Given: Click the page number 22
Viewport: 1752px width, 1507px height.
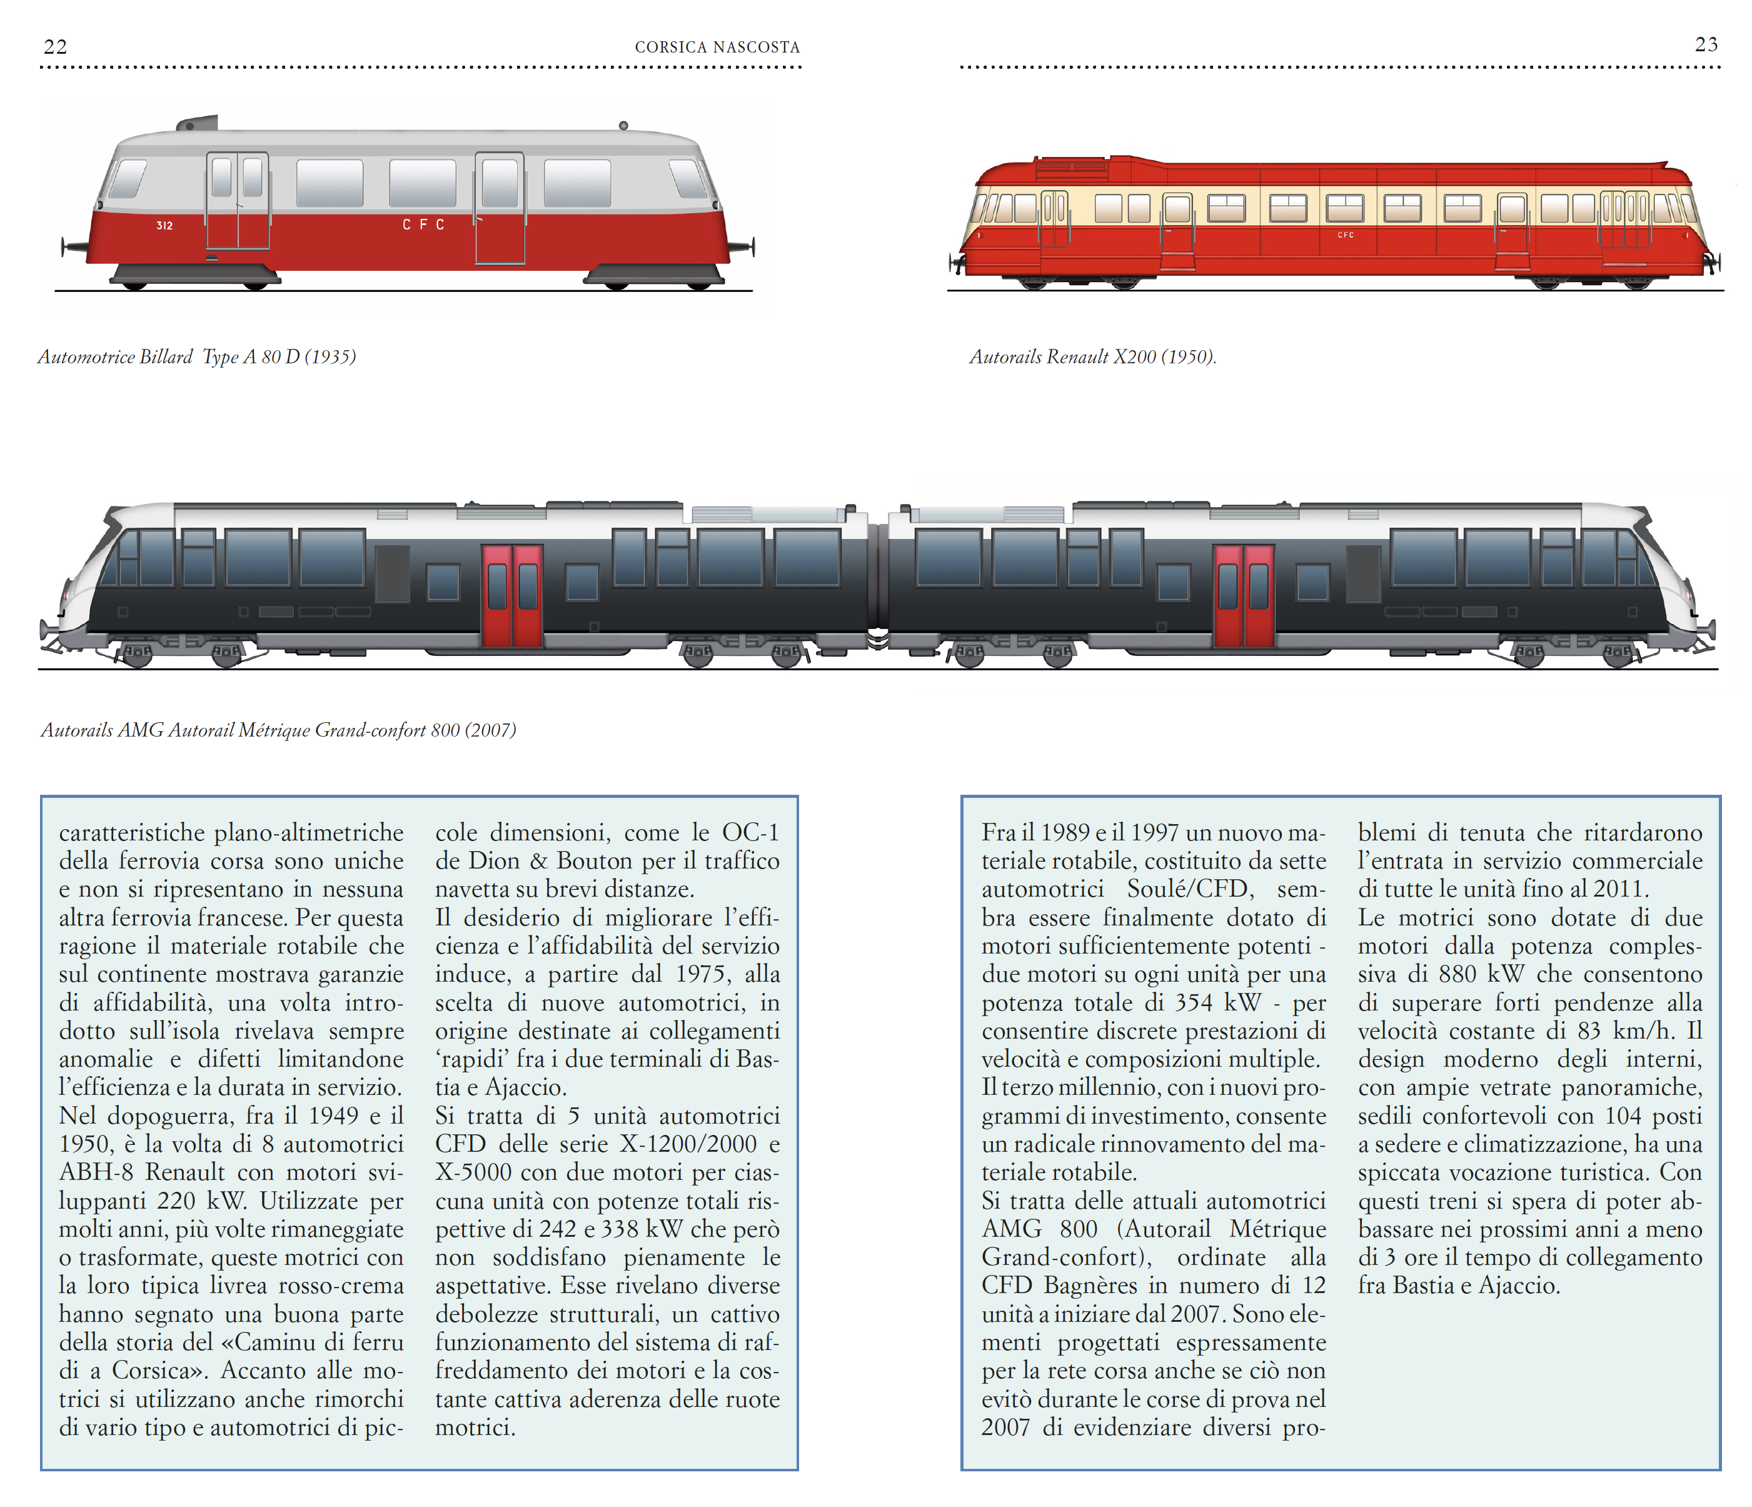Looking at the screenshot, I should tap(56, 46).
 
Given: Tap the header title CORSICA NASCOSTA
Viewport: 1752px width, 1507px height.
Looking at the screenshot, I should tap(717, 48).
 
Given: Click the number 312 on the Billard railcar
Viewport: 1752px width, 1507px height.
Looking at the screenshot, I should tap(164, 226).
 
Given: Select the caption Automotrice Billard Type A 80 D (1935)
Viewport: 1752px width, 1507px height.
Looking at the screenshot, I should tap(196, 357).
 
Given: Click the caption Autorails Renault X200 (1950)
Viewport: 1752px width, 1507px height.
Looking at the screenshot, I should tap(1092, 357).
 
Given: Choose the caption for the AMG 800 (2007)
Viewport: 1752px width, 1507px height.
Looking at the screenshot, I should tap(278, 730).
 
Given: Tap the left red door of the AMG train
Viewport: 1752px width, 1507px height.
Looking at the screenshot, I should tap(511, 595).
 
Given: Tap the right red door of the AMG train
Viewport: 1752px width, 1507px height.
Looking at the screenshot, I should tap(1242, 595).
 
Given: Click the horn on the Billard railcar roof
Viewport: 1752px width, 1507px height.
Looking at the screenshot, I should tap(199, 123).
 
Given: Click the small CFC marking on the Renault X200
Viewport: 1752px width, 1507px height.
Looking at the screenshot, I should tap(1346, 235).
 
